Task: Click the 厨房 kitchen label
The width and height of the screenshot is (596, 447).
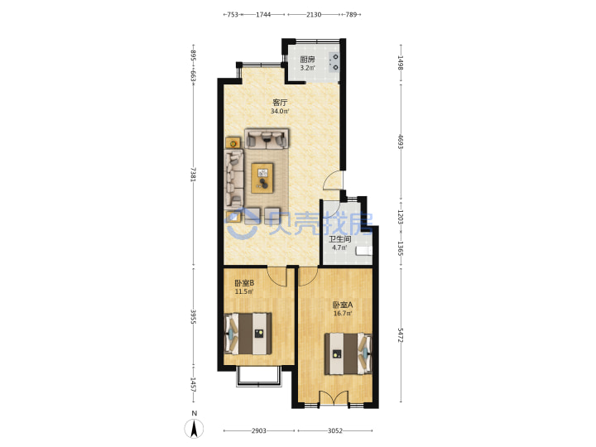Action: [x=307, y=60]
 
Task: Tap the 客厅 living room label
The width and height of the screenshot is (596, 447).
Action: [x=280, y=103]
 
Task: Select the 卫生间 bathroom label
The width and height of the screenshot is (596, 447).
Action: [x=339, y=239]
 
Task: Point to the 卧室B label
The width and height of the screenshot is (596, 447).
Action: [x=244, y=283]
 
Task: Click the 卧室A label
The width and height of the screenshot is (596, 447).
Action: [x=343, y=305]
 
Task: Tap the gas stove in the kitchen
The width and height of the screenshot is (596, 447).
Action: [x=334, y=63]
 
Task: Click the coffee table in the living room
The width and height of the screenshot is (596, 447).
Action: [x=262, y=178]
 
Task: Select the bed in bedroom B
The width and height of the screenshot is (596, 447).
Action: [x=248, y=334]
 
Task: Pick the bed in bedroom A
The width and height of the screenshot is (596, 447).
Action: [x=348, y=354]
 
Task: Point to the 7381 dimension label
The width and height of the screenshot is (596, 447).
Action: [x=194, y=175]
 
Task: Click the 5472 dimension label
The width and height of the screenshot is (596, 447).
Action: [x=401, y=335]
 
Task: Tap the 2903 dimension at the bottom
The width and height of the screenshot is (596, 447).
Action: [x=258, y=430]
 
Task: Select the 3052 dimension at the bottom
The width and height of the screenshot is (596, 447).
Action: [x=335, y=430]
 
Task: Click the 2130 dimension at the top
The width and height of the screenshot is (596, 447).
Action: [x=314, y=14]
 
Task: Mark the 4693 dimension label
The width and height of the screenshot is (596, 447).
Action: [x=401, y=141]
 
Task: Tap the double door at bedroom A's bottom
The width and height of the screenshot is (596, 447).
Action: [x=334, y=398]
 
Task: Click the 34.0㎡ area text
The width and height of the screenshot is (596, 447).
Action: [x=280, y=112]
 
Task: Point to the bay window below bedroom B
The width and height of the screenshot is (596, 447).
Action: [x=259, y=377]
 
